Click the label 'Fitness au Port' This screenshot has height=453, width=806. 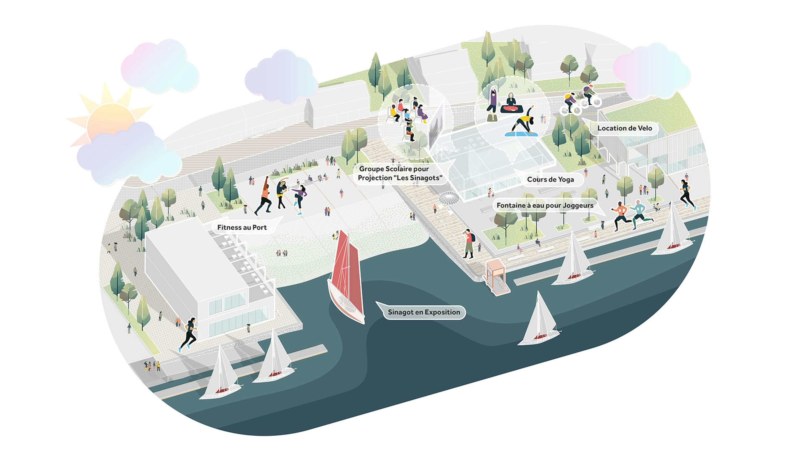pos(242,227)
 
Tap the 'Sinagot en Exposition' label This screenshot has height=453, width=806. pos(424,312)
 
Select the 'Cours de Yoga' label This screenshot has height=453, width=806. pos(550,180)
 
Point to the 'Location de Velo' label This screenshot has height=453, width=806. pos(624,128)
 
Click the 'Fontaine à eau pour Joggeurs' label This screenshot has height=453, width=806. pos(545,205)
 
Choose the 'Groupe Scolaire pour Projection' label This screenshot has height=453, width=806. pos(400,173)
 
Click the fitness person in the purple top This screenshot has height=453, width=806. pos(300,199)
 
